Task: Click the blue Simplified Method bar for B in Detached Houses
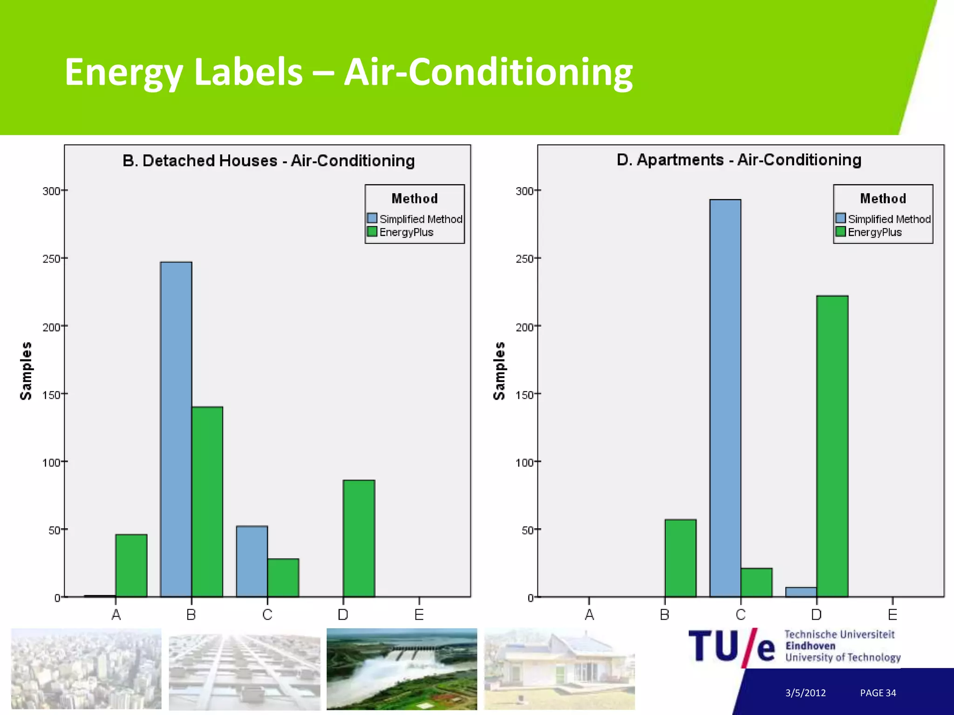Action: (x=176, y=429)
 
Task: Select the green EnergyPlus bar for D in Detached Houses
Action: (x=359, y=538)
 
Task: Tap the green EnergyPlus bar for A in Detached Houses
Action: (x=131, y=565)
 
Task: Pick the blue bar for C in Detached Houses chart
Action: (x=252, y=561)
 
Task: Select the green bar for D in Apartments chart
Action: (x=832, y=446)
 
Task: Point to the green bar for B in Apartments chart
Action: (x=680, y=558)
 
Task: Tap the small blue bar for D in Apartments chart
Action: (x=801, y=592)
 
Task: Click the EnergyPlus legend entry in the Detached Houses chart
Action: (x=406, y=232)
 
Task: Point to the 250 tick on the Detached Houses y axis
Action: (x=52, y=259)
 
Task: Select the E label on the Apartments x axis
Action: (x=892, y=615)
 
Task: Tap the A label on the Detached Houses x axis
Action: (x=116, y=615)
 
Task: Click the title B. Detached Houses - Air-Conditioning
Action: (x=268, y=161)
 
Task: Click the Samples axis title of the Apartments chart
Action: (x=499, y=371)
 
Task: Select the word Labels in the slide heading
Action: (x=248, y=72)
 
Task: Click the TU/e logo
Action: (x=732, y=647)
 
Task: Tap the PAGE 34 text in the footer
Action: (x=878, y=693)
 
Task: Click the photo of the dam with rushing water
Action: (x=402, y=669)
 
